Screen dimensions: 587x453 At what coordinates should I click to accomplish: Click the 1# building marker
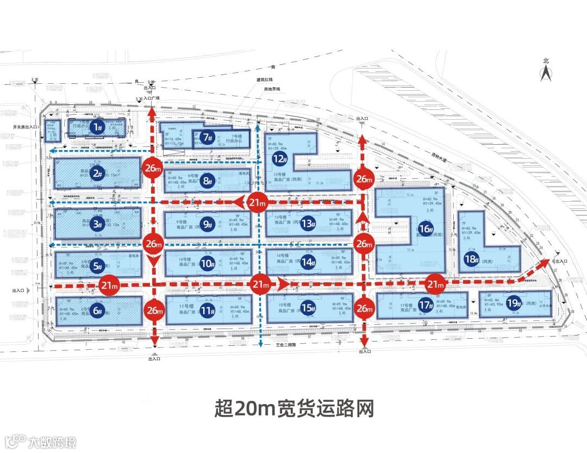[x=97, y=127]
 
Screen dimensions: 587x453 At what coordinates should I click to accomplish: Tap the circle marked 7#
[x=207, y=138]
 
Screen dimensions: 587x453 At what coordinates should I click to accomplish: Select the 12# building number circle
[x=280, y=159]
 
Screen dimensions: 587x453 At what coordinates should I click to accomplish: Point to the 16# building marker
[x=426, y=228]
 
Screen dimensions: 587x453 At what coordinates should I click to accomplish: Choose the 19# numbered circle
[x=513, y=303]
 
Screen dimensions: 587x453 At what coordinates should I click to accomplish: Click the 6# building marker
[x=98, y=311]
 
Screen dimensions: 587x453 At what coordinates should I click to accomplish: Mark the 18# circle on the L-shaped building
[x=471, y=259]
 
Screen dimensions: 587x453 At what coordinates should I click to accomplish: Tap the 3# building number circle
[x=98, y=224]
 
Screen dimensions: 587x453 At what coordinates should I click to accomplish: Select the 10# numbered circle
[x=207, y=264]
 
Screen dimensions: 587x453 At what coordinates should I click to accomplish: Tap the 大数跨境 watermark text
[x=53, y=441]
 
